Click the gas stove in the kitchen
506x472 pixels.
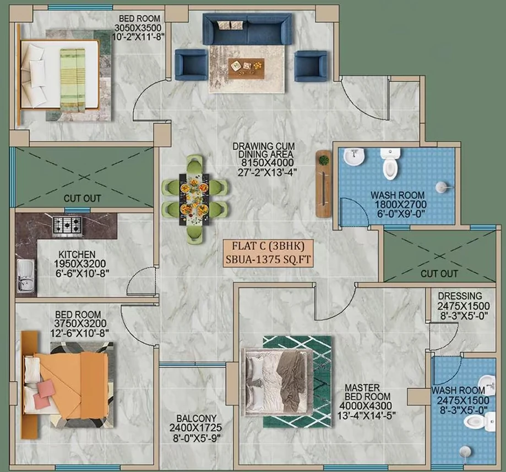click(67, 225)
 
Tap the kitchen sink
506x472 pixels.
click(26, 276)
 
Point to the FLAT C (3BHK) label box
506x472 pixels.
click(268, 253)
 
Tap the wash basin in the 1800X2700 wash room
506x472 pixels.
click(354, 157)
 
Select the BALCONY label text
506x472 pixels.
click(196, 419)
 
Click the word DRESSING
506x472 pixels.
click(460, 296)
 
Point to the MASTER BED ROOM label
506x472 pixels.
click(368, 392)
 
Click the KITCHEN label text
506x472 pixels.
click(77, 255)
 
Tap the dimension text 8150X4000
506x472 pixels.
click(268, 162)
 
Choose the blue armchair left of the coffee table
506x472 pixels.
click(191, 65)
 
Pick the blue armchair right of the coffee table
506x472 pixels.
click(311, 66)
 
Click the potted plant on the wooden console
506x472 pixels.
click(324, 160)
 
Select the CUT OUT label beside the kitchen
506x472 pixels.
click(82, 198)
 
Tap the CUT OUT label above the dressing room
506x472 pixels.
click(439, 274)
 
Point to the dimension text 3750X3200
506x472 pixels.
click(80, 323)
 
